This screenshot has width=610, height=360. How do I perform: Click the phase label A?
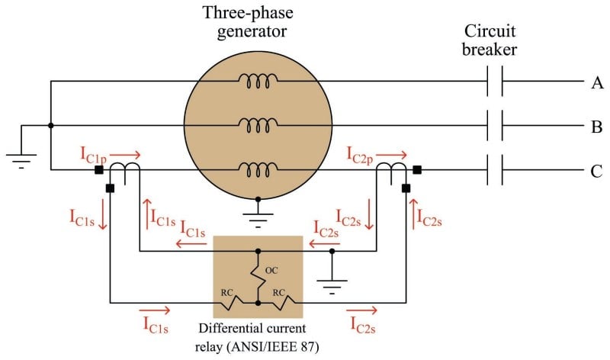click(596, 82)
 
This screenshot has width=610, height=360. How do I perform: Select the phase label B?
click(596, 126)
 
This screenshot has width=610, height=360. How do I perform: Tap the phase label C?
click(596, 170)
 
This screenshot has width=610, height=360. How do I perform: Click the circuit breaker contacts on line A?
click(495, 82)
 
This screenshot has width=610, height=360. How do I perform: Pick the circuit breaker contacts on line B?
click(495, 126)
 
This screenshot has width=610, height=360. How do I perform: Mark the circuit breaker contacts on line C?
click(495, 170)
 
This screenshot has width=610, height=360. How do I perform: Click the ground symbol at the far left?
click(21, 159)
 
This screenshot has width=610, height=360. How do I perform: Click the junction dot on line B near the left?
click(50, 126)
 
